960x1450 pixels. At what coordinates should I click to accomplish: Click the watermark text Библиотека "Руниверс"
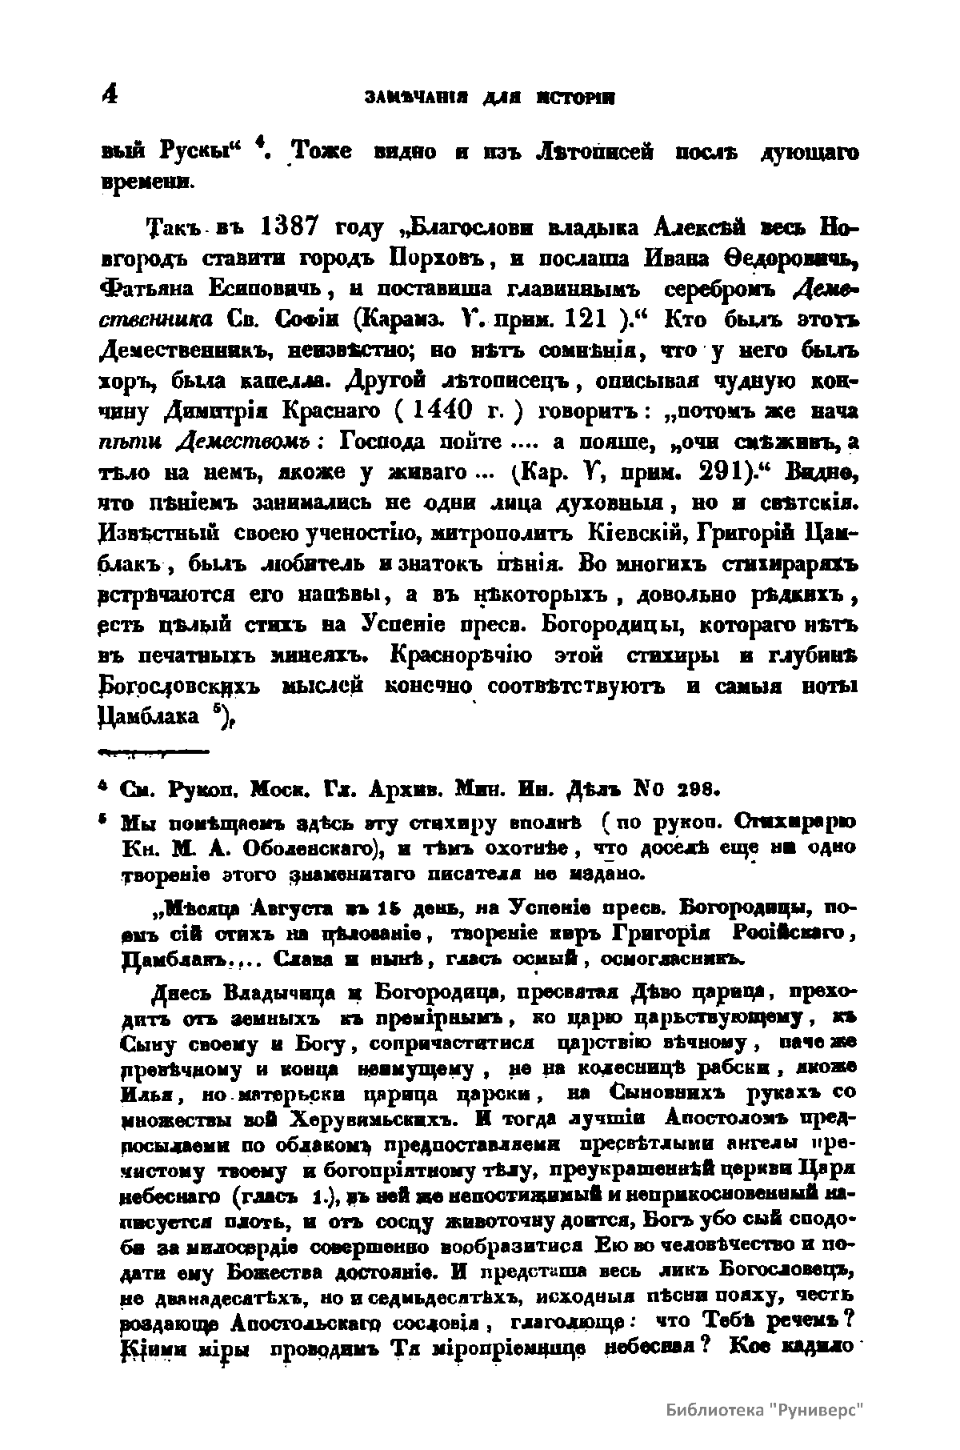(766, 1409)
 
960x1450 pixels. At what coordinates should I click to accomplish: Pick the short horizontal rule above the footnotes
(151, 752)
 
